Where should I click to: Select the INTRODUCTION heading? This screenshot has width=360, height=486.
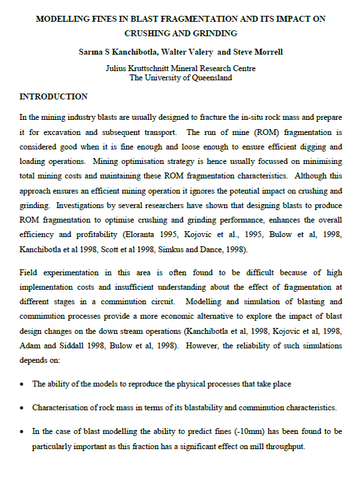[53, 97]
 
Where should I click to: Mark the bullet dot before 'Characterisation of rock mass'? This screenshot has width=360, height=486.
[23, 408]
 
